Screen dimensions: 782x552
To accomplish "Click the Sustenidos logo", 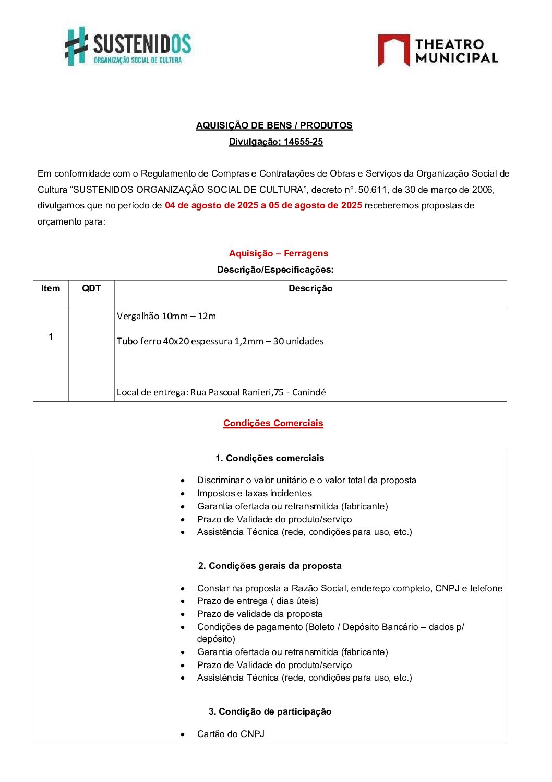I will click(x=128, y=46).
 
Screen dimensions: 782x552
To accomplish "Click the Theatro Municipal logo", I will click(x=438, y=51).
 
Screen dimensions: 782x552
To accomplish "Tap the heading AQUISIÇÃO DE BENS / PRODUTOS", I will click(x=274, y=125).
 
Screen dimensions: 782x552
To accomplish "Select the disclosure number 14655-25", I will click(x=303, y=142).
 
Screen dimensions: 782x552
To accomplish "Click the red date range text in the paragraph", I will click(x=263, y=205).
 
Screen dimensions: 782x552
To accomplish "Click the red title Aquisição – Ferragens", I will click(x=278, y=253).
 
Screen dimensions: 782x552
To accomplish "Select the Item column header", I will click(x=51, y=288).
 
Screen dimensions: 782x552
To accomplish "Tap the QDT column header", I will click(x=91, y=288).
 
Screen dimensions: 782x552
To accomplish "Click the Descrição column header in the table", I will click(x=310, y=288).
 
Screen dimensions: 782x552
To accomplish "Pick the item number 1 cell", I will click(x=51, y=336).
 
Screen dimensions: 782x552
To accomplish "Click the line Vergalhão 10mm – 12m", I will click(x=166, y=316).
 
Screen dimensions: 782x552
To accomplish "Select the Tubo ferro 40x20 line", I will click(x=220, y=341).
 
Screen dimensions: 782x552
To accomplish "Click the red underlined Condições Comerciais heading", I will click(x=273, y=423).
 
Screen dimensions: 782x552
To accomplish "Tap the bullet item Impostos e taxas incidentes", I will click(x=254, y=493).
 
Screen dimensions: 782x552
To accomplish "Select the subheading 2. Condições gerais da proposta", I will click(x=270, y=566).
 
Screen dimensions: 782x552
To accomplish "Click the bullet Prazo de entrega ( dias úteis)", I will click(x=257, y=601).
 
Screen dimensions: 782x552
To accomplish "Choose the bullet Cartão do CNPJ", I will click(x=230, y=734).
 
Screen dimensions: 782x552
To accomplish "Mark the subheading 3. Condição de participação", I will click(x=270, y=711).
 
